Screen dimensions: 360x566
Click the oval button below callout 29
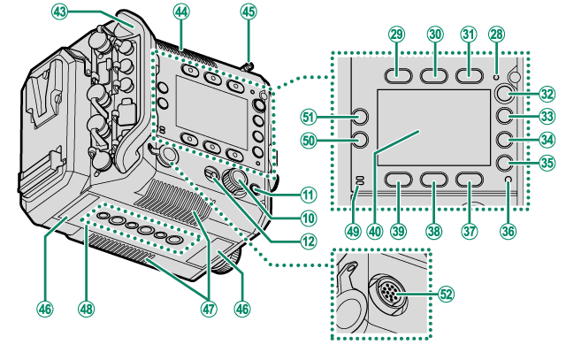pyautogui.click(x=396, y=75)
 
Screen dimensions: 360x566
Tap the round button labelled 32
pyautogui.click(x=505, y=94)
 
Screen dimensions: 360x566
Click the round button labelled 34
pyautogui.click(x=505, y=139)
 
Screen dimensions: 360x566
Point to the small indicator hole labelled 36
pyautogui.click(x=506, y=182)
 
